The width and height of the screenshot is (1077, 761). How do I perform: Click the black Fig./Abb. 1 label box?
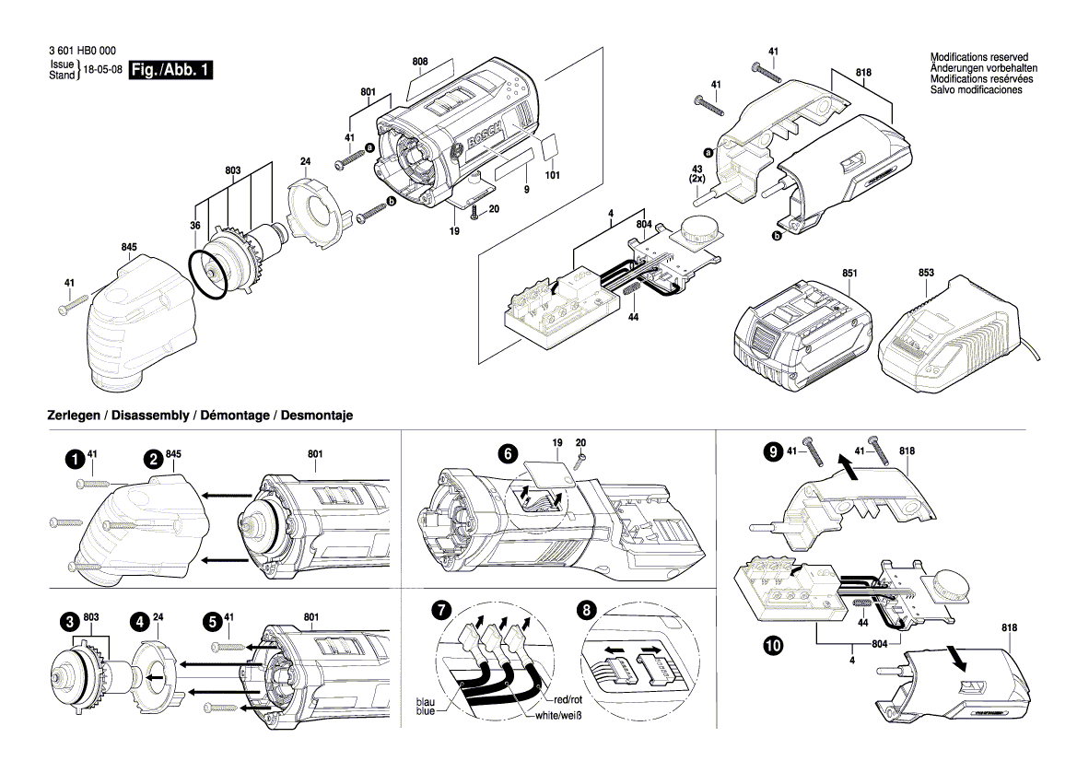point(171,70)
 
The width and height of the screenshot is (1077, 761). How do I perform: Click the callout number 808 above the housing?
point(420,63)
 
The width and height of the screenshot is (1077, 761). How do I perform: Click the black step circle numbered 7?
point(443,610)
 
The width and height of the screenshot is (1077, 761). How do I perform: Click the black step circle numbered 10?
point(771,648)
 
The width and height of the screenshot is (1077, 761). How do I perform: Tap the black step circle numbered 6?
point(506,453)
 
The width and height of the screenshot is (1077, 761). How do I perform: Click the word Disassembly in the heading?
point(151,416)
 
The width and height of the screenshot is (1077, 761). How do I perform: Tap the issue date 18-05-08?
point(102,70)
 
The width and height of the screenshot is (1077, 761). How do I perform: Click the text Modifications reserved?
point(978,58)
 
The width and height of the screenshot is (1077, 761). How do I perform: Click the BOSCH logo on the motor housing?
point(485,136)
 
